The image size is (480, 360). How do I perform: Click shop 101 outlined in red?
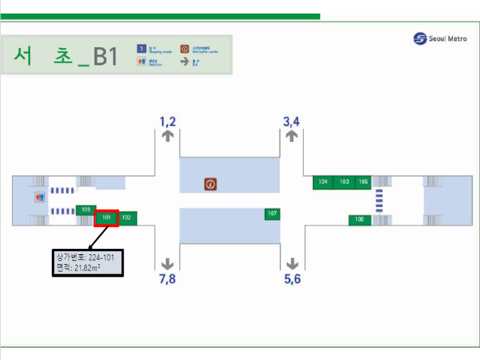point(106,217)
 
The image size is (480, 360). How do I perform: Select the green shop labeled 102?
point(126,217)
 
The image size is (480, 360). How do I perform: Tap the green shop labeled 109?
point(85,209)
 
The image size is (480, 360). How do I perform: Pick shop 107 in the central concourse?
point(272,214)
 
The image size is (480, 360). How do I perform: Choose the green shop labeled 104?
point(323,182)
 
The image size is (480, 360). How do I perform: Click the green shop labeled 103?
point(344,182)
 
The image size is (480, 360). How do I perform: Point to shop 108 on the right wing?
point(359,220)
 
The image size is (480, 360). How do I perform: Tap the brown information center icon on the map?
point(211,183)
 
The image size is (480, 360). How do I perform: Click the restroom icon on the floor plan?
point(40,197)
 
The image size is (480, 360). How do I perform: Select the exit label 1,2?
point(167,121)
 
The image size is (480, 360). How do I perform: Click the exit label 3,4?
point(292,121)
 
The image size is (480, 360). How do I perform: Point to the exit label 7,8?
point(167,279)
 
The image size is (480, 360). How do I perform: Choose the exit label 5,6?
point(292,279)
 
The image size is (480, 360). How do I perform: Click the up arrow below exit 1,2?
point(167,136)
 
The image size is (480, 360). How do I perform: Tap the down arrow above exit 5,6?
point(292,263)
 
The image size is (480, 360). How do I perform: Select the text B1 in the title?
point(104,57)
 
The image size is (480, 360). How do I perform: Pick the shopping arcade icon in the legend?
point(140,48)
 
